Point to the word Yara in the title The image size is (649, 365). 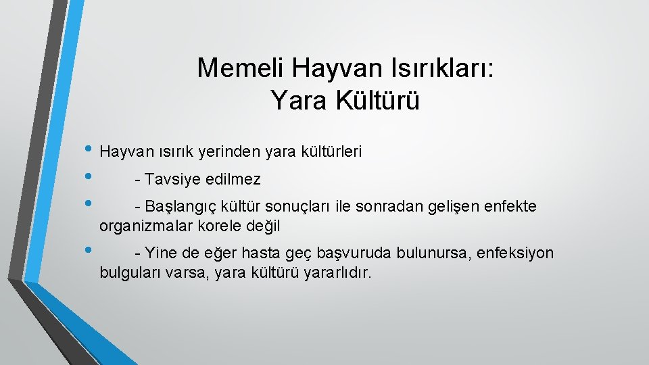pyautogui.click(x=292, y=101)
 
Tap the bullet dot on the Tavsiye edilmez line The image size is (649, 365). pyautogui.click(x=89, y=178)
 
